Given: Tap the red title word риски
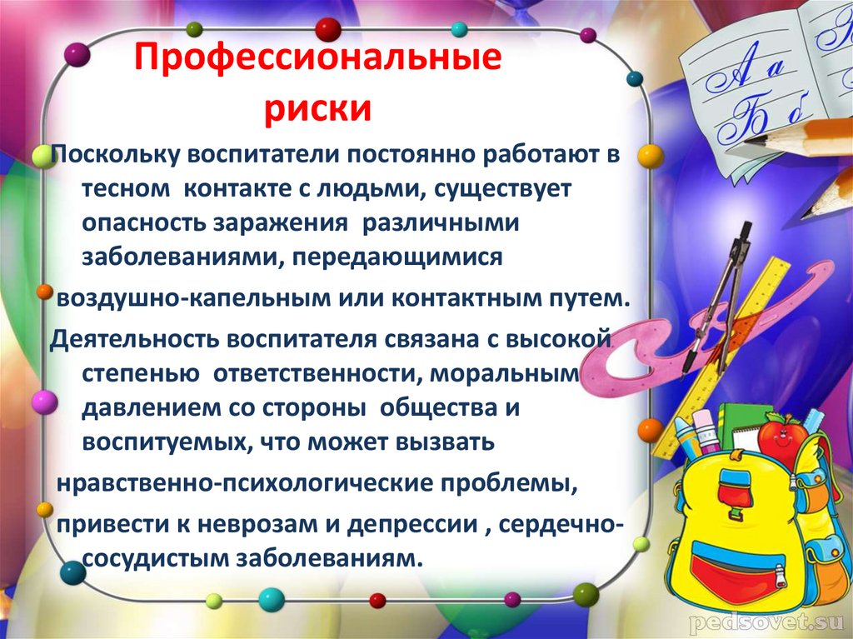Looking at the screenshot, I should pos(318,109).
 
